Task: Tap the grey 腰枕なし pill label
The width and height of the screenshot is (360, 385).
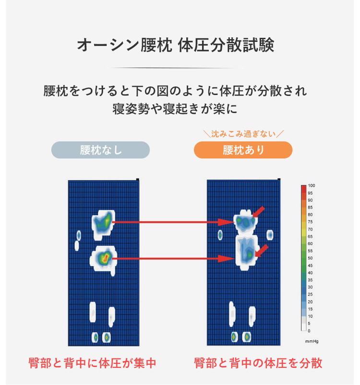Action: click(x=100, y=150)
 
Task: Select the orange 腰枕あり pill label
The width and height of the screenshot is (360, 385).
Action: click(x=243, y=150)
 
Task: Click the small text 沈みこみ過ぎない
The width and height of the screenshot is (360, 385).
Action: click(x=243, y=133)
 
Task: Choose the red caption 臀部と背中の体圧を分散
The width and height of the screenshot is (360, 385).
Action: click(x=258, y=362)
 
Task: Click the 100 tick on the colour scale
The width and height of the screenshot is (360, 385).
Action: click(x=311, y=185)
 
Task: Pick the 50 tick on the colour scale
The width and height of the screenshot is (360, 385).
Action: click(x=311, y=258)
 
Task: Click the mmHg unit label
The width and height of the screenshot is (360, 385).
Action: click(x=312, y=341)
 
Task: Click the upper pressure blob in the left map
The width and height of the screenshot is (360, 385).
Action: click(x=103, y=222)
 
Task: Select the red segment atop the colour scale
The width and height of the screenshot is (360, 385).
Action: click(x=303, y=190)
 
